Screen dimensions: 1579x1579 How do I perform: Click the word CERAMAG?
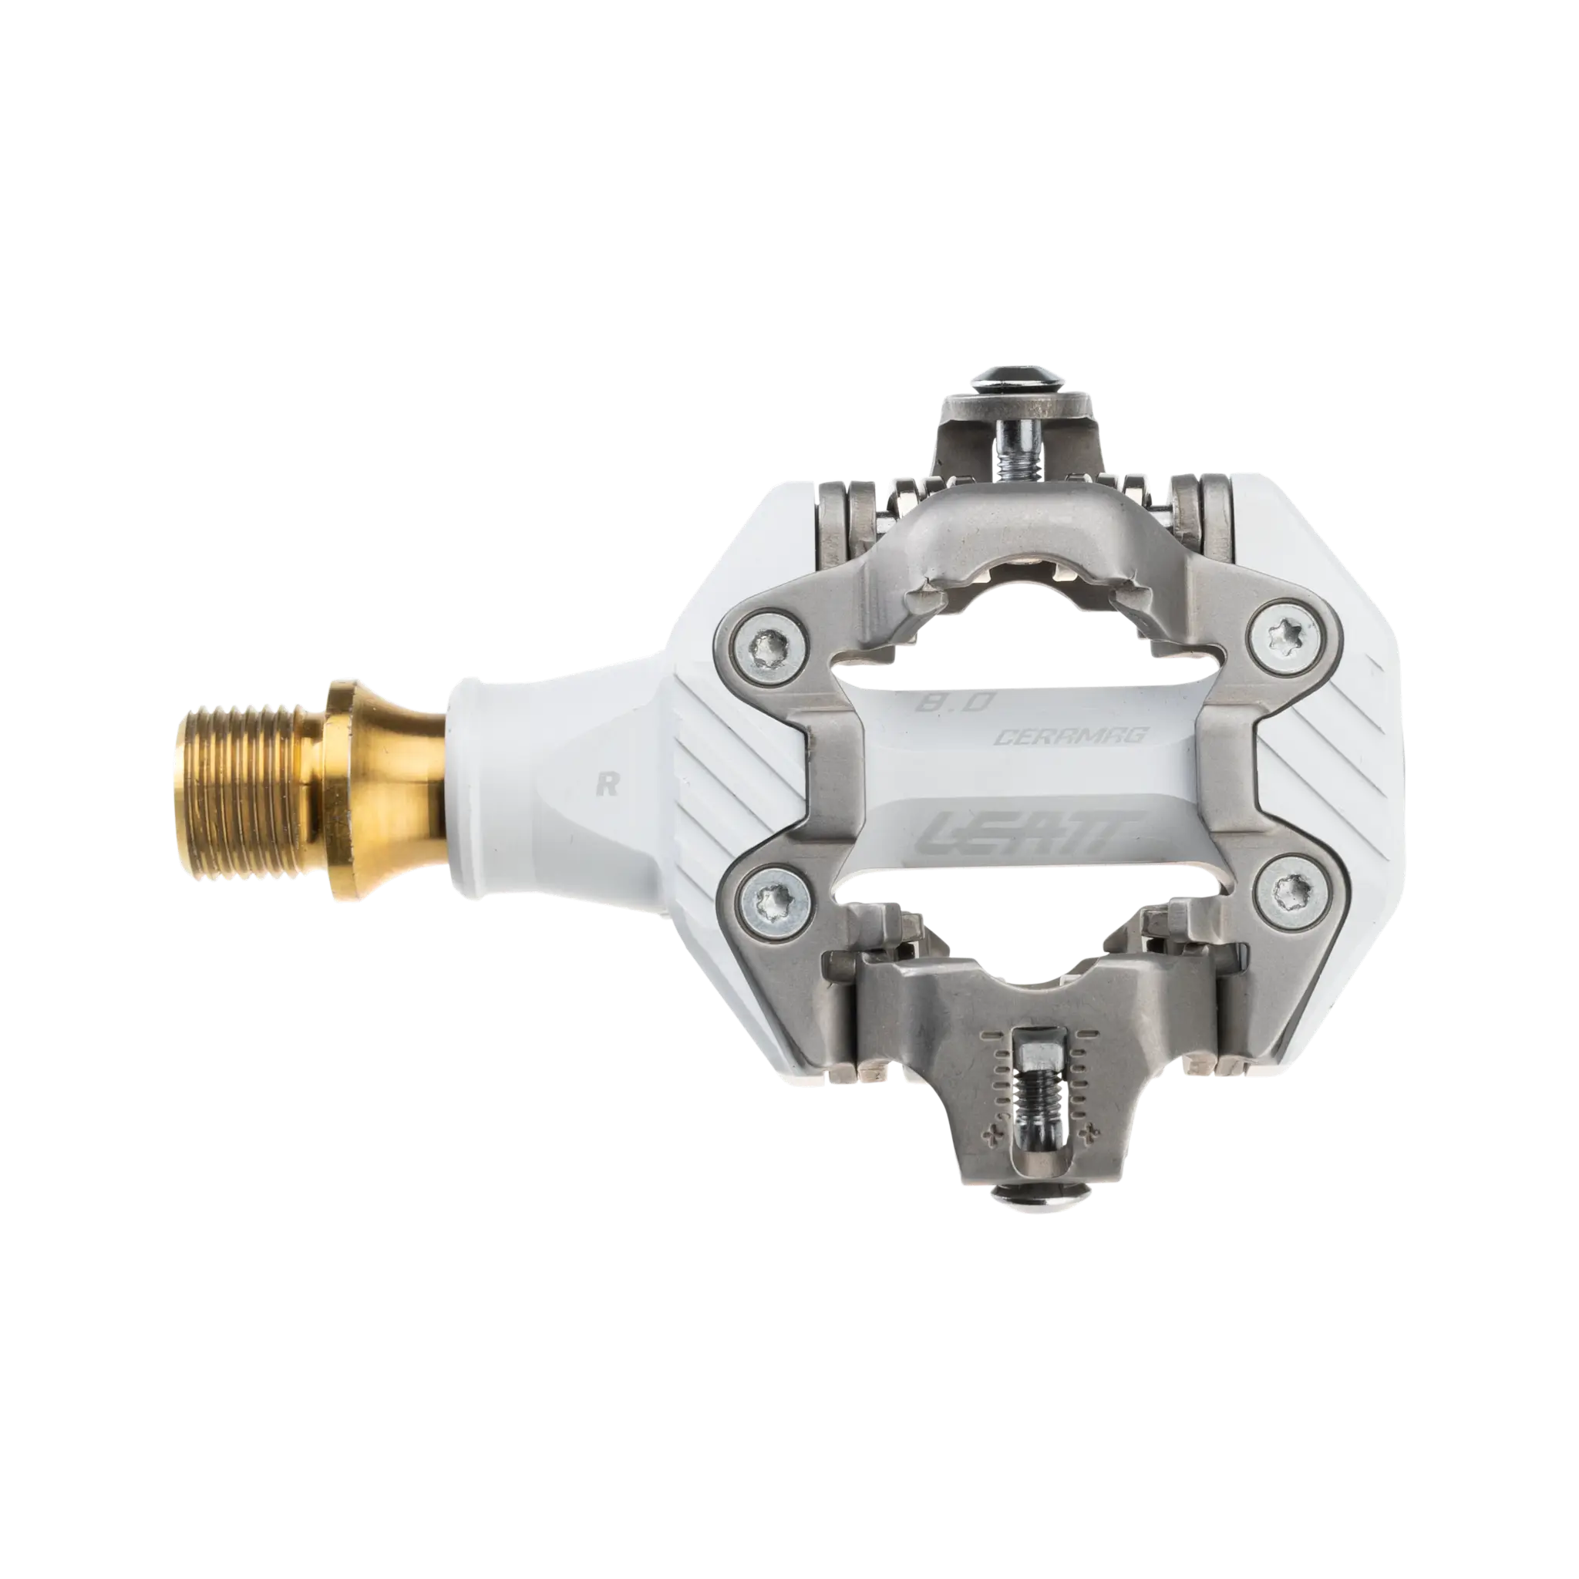pyautogui.click(x=1071, y=736)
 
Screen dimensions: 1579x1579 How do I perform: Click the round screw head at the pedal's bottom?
pyautogui.click(x=1032, y=1198)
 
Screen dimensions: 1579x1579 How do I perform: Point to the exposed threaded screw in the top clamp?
pyautogui.click(x=1016, y=458)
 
